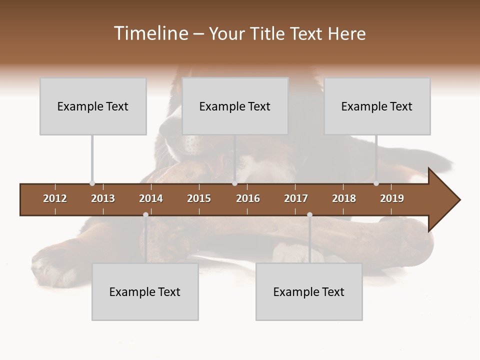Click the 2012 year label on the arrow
55,198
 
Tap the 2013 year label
103,198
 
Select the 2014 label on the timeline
151,198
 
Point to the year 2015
199,198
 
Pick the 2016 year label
248,198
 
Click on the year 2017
296,198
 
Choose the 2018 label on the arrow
344,198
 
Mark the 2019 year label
392,198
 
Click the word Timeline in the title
150,33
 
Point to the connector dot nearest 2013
92,183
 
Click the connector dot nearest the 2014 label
145,215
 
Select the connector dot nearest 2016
234,183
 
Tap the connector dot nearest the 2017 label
309,215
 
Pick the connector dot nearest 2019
376,183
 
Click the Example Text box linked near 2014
145,292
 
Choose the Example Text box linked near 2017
309,292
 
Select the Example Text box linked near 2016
235,106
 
